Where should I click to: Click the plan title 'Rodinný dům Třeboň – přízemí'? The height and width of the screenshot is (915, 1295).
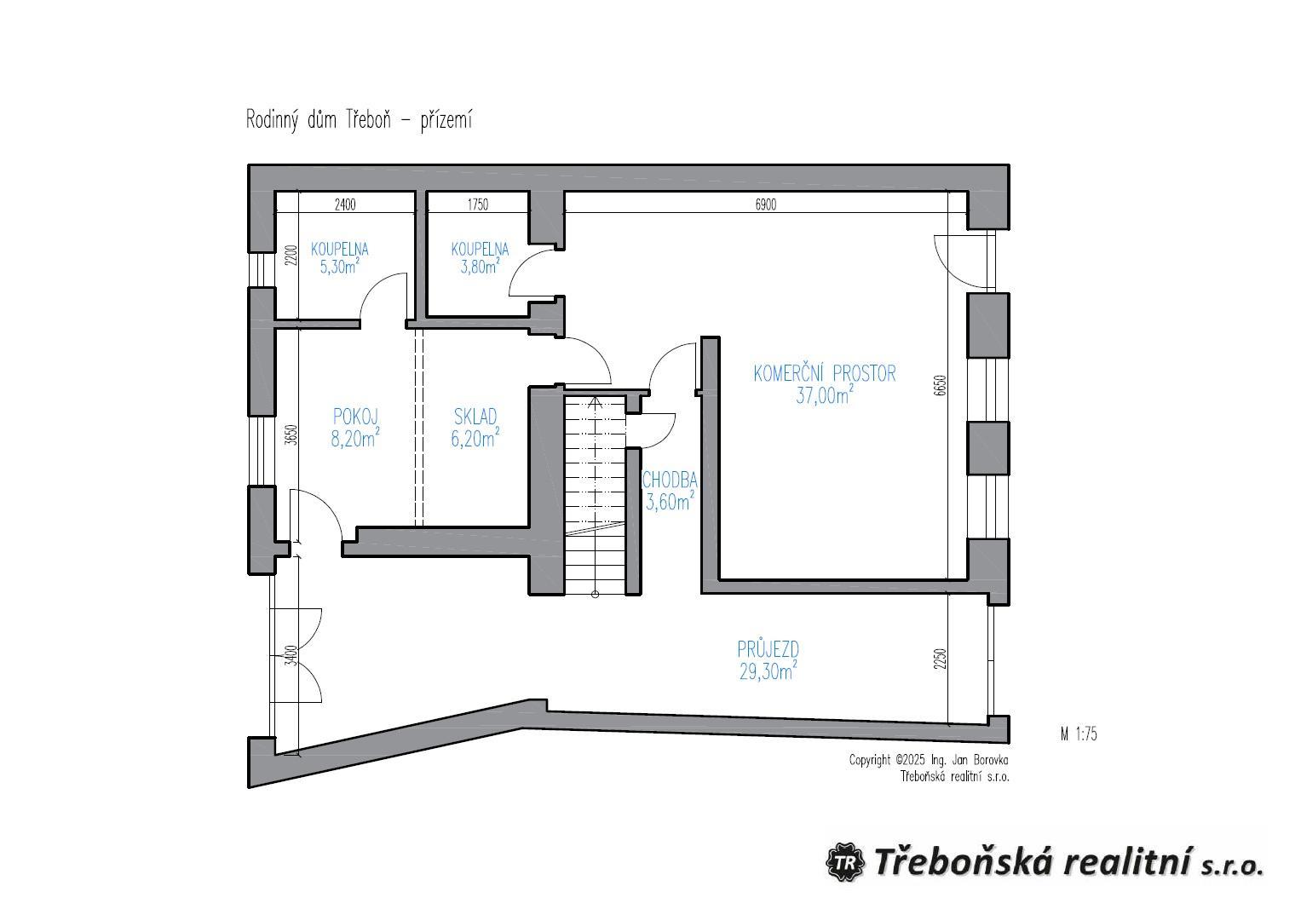tap(359, 120)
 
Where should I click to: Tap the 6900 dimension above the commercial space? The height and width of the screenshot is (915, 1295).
tap(765, 204)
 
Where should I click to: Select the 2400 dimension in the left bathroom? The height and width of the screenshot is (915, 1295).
tap(345, 204)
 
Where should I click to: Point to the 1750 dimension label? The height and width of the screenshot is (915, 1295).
tap(478, 204)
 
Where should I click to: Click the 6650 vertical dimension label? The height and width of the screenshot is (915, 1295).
tap(941, 385)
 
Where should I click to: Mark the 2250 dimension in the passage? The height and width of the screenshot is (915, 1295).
tap(941, 659)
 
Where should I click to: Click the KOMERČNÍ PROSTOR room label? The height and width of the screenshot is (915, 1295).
tap(825, 373)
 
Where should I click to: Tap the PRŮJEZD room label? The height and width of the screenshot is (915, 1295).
tap(768, 650)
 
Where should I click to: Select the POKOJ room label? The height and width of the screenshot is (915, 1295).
tap(355, 416)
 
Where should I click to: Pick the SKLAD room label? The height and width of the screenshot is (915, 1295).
tap(475, 416)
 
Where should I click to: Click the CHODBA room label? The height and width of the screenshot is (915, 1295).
tap(670, 480)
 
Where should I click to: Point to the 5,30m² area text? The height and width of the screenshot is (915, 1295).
tap(340, 267)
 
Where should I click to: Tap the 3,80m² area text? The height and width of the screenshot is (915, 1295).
tap(480, 267)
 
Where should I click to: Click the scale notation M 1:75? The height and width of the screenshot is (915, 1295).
tap(1079, 734)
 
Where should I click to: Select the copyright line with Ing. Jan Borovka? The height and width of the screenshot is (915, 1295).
tap(929, 760)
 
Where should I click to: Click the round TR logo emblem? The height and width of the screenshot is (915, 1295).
tap(845, 862)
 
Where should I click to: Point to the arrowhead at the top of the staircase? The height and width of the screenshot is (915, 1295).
tap(595, 400)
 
